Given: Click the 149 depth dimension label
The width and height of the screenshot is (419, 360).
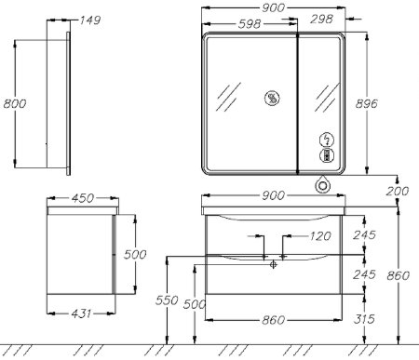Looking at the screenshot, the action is pos(90,20).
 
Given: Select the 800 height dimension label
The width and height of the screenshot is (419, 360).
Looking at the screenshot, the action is pos(15,103).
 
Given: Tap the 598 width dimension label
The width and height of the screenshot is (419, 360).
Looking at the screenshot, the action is pos(250,24).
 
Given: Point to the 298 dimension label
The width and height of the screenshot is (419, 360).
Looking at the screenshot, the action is pos(321,20).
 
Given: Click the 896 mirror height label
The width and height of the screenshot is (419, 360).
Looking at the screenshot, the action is pos(367,103).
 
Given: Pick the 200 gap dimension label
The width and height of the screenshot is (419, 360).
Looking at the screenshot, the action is pos(398,191).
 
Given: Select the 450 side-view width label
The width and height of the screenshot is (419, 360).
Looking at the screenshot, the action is pos(83,198).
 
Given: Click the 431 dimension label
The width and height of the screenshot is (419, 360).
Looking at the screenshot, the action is pos(81,313).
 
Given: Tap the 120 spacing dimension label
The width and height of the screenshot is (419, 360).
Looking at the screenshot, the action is pos(320,236).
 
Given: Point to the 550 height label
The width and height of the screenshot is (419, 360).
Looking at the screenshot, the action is pos(167,300).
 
